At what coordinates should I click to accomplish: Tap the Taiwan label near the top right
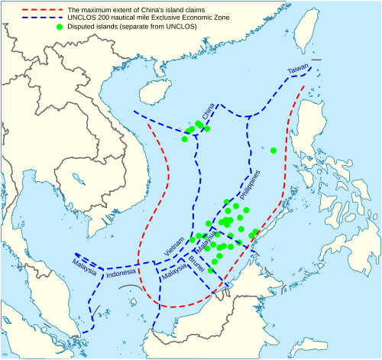298,70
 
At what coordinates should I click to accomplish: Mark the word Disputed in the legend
83,27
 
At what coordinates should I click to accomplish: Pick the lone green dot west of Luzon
273,150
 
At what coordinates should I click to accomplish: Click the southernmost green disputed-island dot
211,270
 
